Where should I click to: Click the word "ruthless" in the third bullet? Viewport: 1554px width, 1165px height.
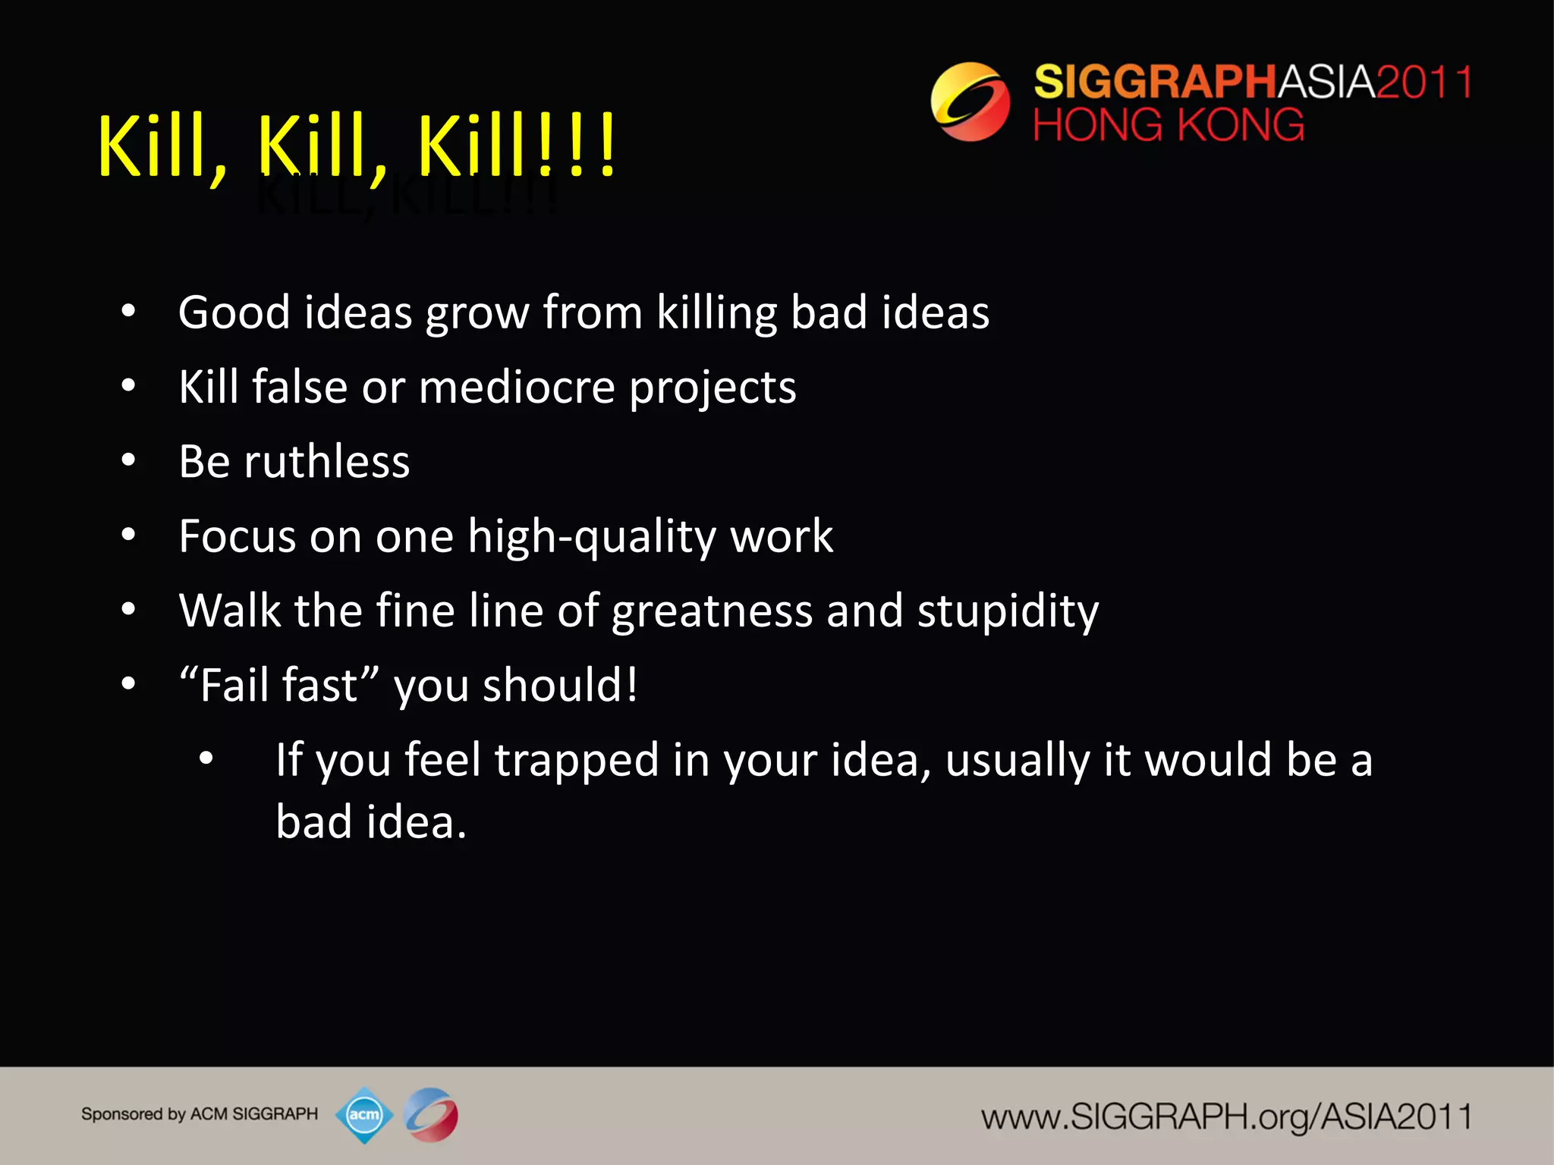326,462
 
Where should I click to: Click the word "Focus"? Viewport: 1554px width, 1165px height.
237,537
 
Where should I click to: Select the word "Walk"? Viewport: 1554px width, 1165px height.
229,611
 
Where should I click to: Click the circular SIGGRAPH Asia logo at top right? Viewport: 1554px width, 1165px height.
970,102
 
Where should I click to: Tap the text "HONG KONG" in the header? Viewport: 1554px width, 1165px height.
1169,125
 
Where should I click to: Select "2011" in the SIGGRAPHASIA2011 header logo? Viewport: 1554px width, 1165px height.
1423,82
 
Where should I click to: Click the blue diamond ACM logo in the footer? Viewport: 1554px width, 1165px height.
364,1115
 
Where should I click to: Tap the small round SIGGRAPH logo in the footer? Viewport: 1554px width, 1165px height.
431,1115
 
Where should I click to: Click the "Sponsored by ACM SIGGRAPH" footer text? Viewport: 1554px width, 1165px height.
200,1114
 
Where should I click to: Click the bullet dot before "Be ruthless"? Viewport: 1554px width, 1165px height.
128,460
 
